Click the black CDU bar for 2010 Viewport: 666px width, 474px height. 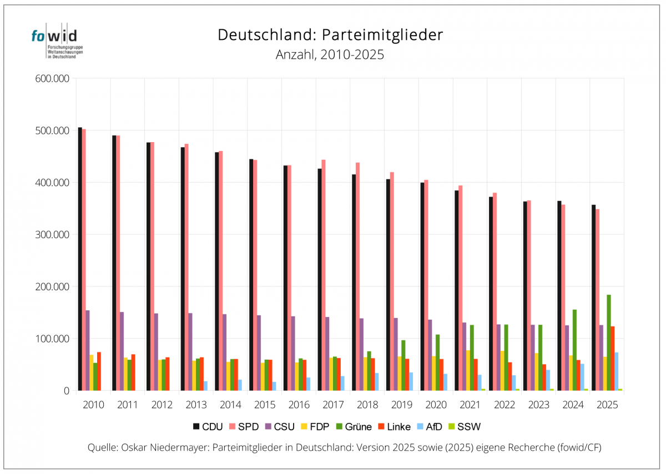(80, 259)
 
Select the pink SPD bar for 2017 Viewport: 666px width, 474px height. (324, 275)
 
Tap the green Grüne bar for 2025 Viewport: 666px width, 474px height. (609, 342)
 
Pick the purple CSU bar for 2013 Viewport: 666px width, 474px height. (190, 352)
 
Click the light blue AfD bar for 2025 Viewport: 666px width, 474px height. (617, 371)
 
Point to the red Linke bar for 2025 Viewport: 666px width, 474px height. (613, 359)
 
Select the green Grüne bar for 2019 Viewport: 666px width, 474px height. (403, 365)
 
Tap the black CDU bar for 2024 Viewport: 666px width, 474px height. (559, 296)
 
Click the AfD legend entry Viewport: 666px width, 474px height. (430, 427)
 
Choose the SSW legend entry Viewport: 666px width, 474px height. (465, 427)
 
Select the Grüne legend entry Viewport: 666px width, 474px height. (354, 427)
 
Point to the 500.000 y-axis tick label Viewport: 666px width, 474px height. (52, 130)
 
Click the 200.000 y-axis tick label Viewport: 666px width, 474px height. (52, 286)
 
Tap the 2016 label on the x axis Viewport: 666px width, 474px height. (299, 405)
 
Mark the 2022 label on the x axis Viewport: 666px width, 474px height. (504, 405)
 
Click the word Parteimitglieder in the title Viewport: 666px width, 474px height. (382, 35)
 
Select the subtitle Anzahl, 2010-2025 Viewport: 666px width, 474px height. (330, 55)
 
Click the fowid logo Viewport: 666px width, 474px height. (57, 41)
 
